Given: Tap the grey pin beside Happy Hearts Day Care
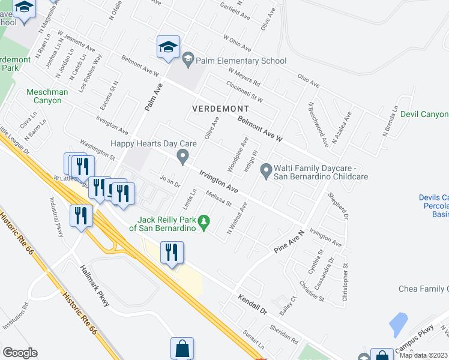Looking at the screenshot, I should click(x=182, y=157).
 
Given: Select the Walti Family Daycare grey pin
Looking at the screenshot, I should click(x=267, y=172).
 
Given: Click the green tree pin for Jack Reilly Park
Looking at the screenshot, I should click(x=204, y=223).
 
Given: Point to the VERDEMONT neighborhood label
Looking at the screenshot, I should click(x=220, y=109).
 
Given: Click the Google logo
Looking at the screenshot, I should click(x=20, y=353).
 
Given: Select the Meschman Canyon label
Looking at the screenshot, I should click(x=44, y=96).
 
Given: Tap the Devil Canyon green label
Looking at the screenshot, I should click(x=424, y=114).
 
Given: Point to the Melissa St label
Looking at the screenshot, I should click(x=218, y=198).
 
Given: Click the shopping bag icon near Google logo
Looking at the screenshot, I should click(x=182, y=349).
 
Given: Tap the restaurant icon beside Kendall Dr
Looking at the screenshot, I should click(x=172, y=252).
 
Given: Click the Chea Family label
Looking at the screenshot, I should click(x=423, y=289).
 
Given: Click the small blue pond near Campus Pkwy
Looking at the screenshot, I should click(x=398, y=325).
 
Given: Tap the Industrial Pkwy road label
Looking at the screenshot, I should click(x=57, y=217).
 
